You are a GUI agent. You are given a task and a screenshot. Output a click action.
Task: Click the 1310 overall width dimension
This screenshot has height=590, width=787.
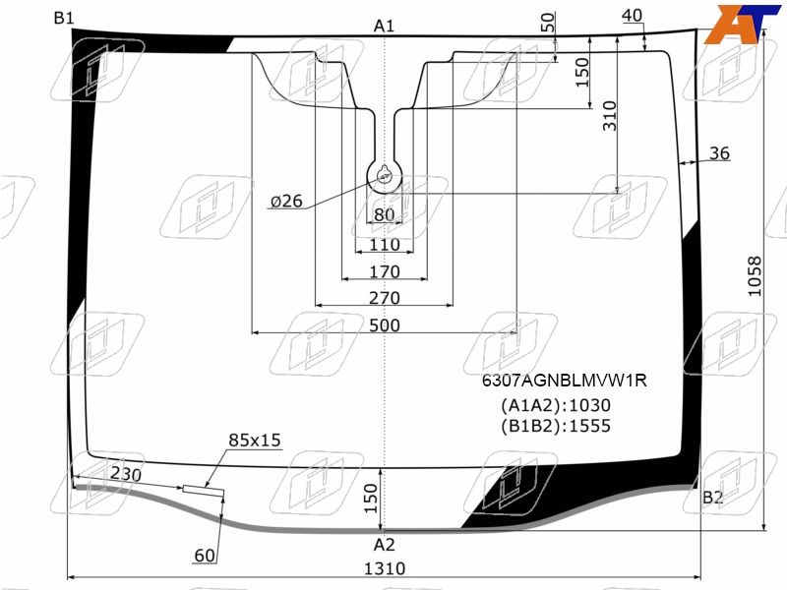384,568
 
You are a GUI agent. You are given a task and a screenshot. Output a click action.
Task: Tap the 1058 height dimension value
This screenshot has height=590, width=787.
755,276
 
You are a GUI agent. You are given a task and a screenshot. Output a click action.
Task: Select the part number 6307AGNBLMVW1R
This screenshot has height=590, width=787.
564,381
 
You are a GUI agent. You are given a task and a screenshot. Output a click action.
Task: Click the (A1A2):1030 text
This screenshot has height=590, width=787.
556,405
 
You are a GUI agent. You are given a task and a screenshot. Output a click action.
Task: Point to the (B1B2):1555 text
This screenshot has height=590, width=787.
556,426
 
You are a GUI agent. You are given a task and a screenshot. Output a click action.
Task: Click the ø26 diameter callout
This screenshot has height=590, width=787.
286,202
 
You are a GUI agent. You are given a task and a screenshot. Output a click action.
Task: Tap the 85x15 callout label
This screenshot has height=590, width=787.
255,440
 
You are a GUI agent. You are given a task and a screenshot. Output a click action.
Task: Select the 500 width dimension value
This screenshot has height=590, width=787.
385,325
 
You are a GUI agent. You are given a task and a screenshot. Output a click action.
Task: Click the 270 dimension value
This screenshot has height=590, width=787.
385,298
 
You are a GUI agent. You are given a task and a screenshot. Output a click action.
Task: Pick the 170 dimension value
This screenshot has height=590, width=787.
385,271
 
